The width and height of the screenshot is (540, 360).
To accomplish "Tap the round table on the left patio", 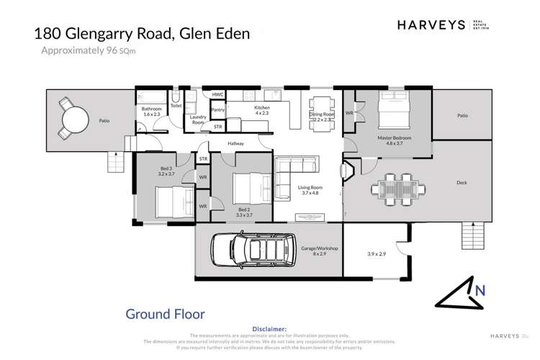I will point(74,117).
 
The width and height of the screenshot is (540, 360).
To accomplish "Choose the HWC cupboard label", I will point(217,94).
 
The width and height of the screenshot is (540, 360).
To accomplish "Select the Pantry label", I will point(218,109).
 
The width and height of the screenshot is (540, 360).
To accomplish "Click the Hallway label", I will point(236,143).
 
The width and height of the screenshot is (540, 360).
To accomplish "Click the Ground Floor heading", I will point(165,313).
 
